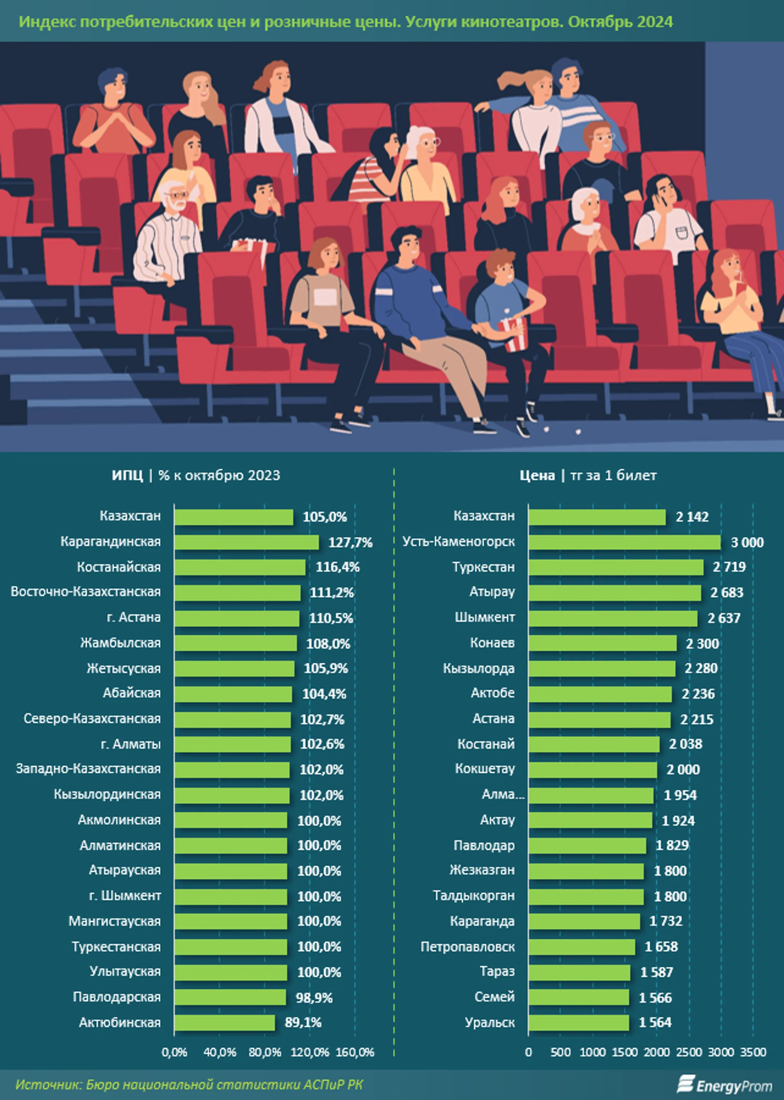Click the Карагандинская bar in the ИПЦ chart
246,542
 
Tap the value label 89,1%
303,1022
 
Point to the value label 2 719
729,567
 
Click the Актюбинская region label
120,1022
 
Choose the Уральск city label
490,1022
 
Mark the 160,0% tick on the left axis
355,1052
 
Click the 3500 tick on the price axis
753,1052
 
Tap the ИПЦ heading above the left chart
127,475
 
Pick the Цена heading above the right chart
537,475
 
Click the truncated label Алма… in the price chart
503,794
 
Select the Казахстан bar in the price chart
597,517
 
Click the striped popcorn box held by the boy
513,333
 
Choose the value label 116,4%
338,567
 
